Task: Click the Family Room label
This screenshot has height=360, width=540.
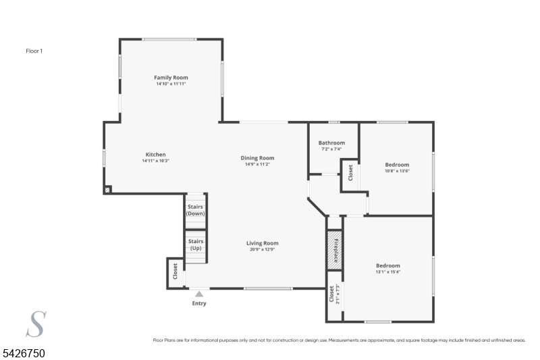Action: pos(171,78)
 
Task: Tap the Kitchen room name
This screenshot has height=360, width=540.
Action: pos(155,155)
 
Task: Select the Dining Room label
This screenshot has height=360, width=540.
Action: pos(257,158)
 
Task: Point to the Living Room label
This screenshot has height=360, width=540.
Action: pos(262,243)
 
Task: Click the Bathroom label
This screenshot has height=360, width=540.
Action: pos(331,143)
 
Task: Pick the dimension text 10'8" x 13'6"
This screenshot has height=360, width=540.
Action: pos(397,171)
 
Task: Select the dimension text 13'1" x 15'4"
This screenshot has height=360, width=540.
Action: pos(387,272)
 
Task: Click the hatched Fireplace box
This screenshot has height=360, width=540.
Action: pos(334,250)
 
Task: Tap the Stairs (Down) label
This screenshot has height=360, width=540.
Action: pos(195,210)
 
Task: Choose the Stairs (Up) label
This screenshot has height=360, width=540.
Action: pos(196,245)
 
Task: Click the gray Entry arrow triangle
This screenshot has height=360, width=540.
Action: pos(199,294)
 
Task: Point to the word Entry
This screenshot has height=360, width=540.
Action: pos(199,303)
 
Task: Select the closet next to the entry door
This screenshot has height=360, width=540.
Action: pos(175,273)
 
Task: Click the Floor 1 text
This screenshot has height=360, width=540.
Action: pos(34,51)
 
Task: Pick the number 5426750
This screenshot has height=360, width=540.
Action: pos(24,353)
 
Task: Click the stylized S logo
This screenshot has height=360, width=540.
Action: pos(36,324)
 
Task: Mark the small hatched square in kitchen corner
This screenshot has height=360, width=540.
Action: pos(107,190)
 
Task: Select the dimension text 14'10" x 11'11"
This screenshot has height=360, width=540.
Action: pos(171,84)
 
